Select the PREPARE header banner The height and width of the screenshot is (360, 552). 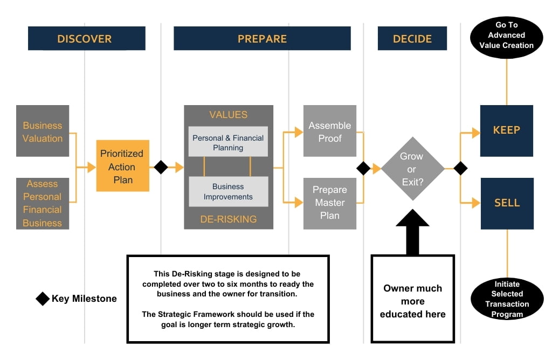tap(262, 39)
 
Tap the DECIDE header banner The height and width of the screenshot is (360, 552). tap(412, 39)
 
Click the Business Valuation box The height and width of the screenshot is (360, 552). tap(43, 131)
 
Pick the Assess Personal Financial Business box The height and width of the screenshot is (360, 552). tap(43, 204)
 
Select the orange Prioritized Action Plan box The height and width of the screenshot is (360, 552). tap(123, 166)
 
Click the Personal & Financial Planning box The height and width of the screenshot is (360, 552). tap(228, 142)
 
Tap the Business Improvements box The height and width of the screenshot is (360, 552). tap(228, 191)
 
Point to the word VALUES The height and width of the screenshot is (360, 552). tap(228, 115)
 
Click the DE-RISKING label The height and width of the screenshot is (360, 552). tap(228, 219)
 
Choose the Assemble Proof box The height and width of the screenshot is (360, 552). tap(329, 131)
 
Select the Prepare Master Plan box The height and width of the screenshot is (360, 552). tap(329, 203)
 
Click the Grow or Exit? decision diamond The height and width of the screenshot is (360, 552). tap(412, 169)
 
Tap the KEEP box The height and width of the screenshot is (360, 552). tap(506, 130)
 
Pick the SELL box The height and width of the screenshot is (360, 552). tap(506, 203)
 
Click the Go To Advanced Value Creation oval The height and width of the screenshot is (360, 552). tap(506, 36)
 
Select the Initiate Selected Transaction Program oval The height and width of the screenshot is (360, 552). tap(507, 299)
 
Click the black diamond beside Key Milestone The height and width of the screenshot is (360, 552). tap(43, 299)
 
